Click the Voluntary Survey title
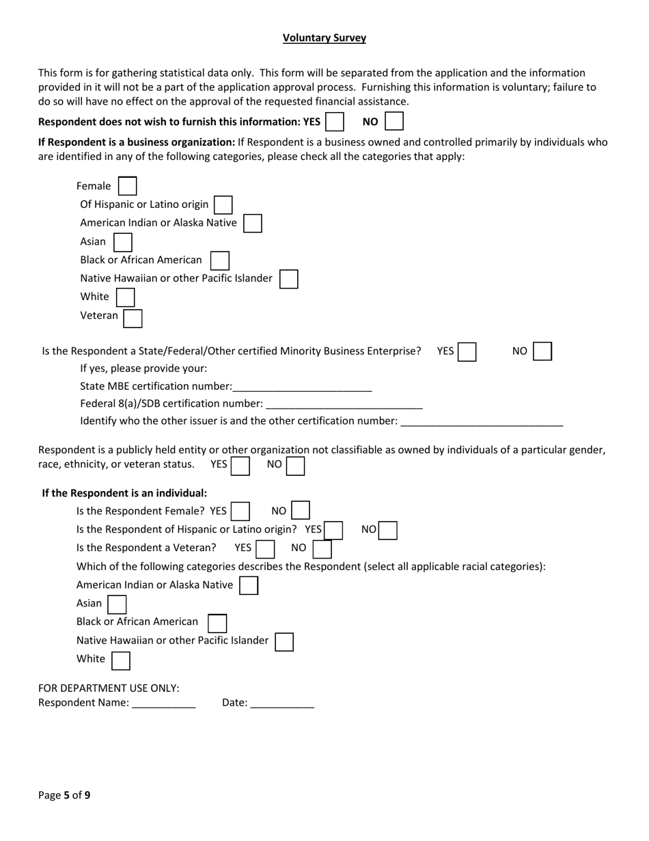pos(324,38)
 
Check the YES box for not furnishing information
pos(335,122)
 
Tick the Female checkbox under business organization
pos(128,186)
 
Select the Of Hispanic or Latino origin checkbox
pos(223,204)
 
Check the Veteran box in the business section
pos(133,319)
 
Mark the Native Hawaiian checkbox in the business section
pos(289,279)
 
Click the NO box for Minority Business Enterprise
pos(542,351)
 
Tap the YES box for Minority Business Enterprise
pos(467,352)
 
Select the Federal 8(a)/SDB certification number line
pos(344,404)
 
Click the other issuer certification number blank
pos(482,422)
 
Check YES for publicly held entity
pos(240,466)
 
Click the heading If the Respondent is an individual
pos(124,493)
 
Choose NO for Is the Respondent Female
pos(301,511)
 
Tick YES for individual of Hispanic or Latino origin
pos(333,531)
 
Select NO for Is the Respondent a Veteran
pos(322,549)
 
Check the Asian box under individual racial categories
pos(118,604)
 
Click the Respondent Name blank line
pos(164,704)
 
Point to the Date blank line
pos(282,704)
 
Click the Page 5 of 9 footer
pos(64,795)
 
